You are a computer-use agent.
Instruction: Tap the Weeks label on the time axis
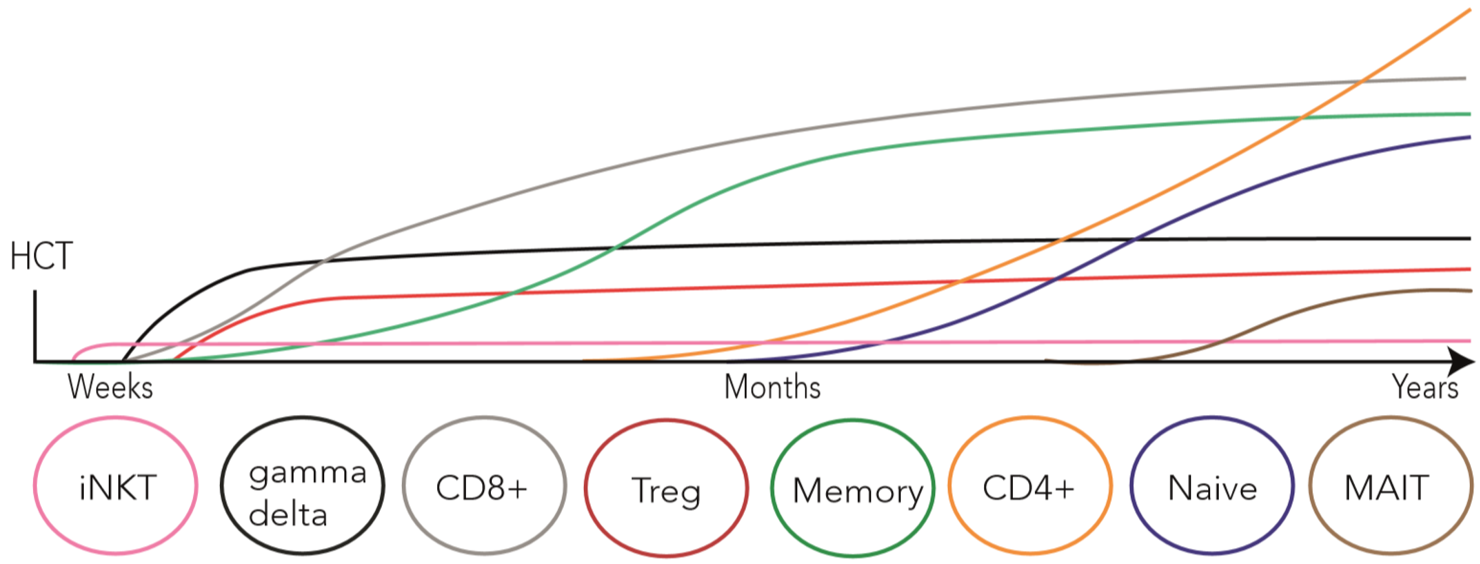click(x=110, y=386)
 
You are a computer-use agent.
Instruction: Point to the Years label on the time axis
click(x=1425, y=386)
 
